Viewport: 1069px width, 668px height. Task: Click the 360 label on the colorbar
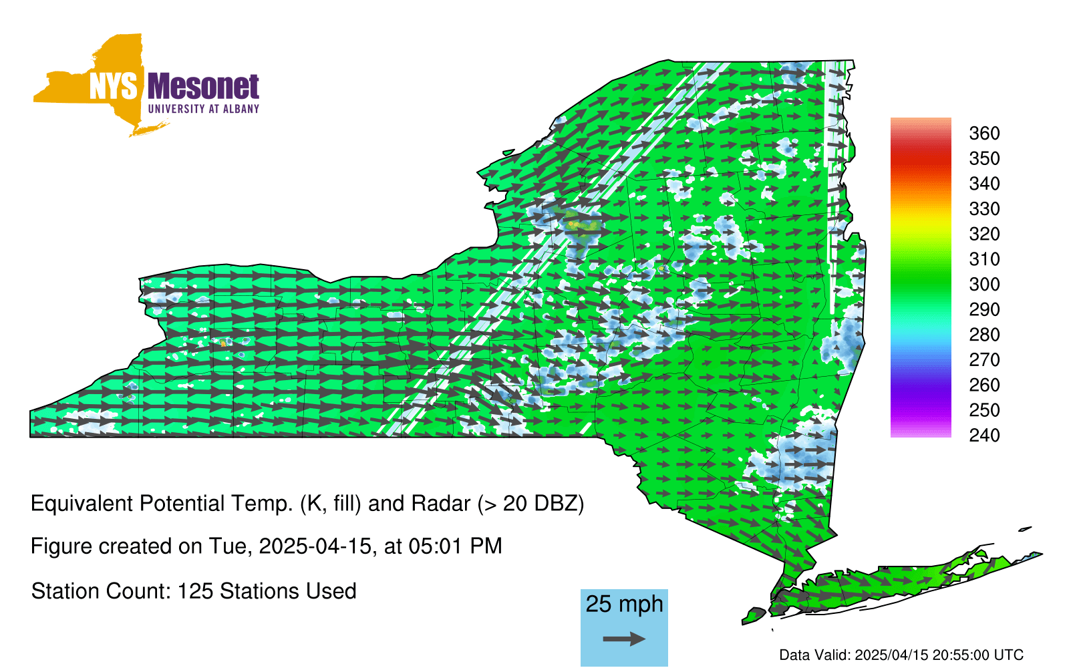point(984,134)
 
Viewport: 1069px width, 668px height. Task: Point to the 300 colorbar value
point(984,285)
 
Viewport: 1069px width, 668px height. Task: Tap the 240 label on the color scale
point(984,436)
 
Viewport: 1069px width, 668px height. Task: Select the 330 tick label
point(984,209)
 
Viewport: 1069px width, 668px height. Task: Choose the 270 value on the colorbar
point(984,360)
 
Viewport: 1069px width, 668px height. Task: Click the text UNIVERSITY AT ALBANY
point(203,110)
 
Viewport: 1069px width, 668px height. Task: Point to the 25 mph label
point(624,605)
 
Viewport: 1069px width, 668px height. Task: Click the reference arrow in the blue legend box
point(624,639)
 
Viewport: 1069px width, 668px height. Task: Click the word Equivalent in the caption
point(82,504)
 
